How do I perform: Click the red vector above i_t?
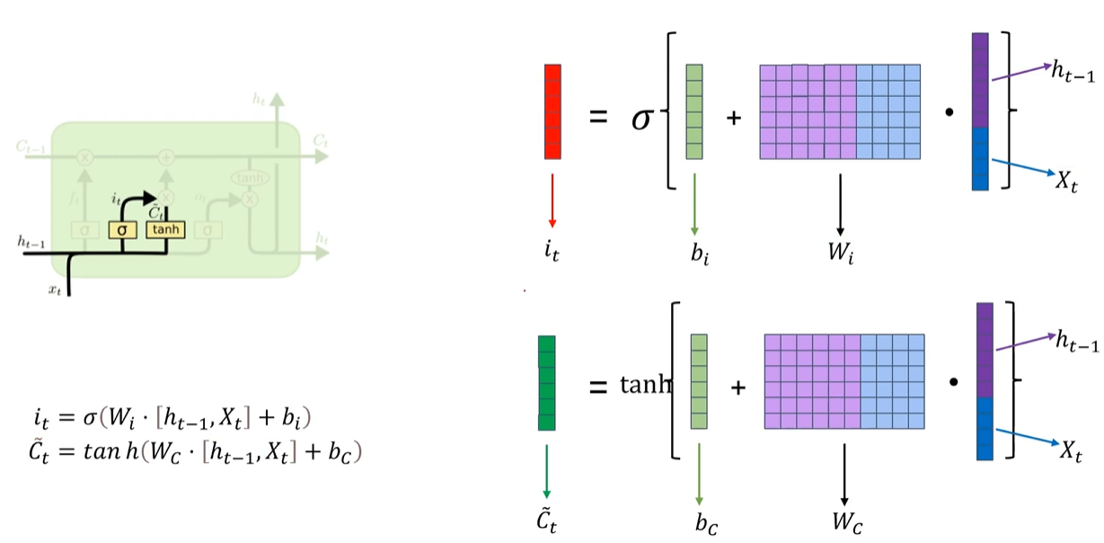coord(552,111)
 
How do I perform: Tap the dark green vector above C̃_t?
coord(546,383)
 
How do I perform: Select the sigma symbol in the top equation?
coord(640,116)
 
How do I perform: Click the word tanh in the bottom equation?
coord(646,386)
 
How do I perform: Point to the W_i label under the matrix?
coord(840,251)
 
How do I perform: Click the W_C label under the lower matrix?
coord(844,521)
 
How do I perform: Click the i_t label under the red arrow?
coord(552,251)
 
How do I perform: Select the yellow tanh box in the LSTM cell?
coord(166,229)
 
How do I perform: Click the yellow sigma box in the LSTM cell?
coord(122,229)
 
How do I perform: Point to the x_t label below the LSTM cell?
coord(56,290)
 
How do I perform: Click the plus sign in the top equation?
coord(733,117)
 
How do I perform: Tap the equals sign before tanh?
coord(599,387)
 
